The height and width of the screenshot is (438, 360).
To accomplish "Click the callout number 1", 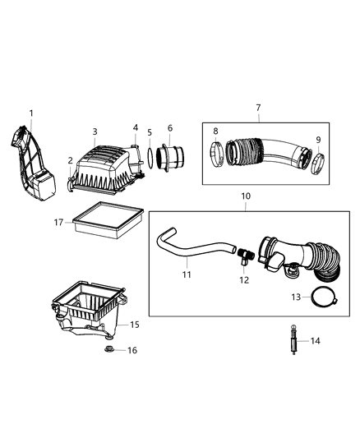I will click(x=31, y=113).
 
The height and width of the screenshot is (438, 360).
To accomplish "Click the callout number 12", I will click(x=244, y=280).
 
